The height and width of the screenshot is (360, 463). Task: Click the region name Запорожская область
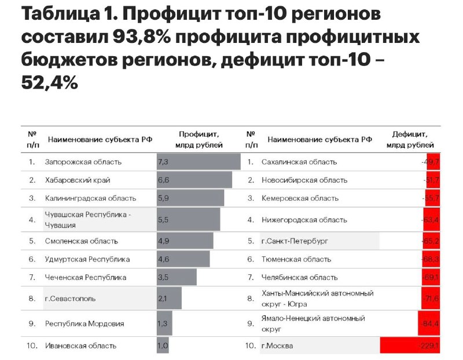point(83,162)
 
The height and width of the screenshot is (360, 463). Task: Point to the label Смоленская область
point(81,241)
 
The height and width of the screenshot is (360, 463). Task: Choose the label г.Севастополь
point(71,299)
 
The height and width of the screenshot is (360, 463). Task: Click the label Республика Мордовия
point(84,324)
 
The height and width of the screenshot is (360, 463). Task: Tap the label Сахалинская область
point(299,162)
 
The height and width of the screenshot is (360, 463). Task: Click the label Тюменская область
point(296,259)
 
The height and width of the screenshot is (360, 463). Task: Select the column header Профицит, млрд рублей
point(199,139)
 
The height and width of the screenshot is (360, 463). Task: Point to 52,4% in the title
point(49,83)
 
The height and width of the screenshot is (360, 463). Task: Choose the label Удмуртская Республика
point(87,259)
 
